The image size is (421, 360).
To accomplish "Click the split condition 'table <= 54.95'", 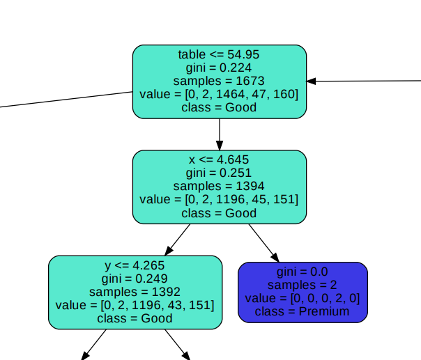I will click(x=219, y=54).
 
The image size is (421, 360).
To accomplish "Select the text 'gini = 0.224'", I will click(x=219, y=68).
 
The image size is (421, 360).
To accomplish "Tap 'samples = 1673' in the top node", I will click(x=219, y=81).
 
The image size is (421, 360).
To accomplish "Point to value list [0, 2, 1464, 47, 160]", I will click(x=219, y=94).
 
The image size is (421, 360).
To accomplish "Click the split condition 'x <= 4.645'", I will click(x=219, y=160).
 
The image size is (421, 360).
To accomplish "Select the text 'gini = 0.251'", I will click(x=219, y=173).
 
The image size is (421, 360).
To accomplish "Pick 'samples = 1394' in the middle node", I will click(x=219, y=187).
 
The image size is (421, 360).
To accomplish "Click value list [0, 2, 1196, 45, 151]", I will click(x=219, y=200).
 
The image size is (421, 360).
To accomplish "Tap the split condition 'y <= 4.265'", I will click(x=135, y=265).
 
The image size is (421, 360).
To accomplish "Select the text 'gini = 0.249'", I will click(x=135, y=279).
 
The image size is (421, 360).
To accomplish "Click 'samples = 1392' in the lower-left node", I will click(x=135, y=292).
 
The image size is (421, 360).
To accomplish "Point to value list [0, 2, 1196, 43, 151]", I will click(x=135, y=305).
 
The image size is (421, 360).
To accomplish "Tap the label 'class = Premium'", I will click(x=303, y=311).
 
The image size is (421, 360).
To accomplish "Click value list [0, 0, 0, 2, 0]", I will click(x=303, y=298).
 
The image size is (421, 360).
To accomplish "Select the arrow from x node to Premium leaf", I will click(x=263, y=240).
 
